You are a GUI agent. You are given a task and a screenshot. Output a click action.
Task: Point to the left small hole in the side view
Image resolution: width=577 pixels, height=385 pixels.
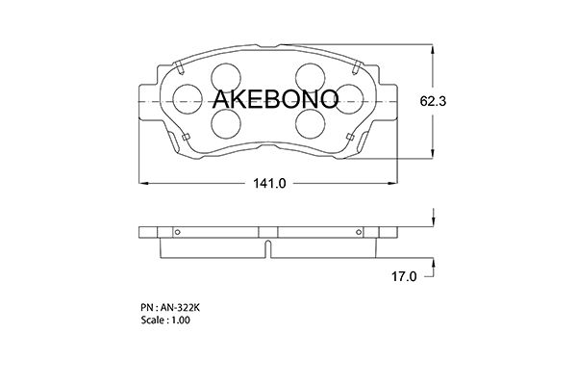176,231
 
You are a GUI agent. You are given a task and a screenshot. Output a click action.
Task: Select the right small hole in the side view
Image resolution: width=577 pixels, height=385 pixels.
359,231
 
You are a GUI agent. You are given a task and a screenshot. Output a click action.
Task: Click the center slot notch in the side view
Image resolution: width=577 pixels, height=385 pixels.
267,248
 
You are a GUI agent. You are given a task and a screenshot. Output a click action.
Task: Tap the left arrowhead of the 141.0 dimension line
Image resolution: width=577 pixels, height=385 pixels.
145,182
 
